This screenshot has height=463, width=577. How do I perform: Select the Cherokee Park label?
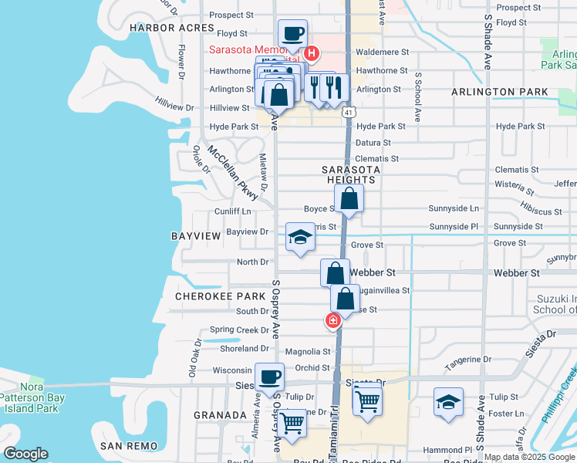point(209,296)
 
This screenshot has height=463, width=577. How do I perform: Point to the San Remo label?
point(129,446)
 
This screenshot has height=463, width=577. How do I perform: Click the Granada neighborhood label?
point(220,414)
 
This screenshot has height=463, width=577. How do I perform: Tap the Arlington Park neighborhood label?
point(521,93)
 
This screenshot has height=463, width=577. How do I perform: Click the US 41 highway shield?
point(349,113)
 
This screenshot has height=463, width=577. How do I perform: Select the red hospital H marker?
point(312,53)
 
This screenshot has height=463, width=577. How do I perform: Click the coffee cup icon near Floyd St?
point(292,35)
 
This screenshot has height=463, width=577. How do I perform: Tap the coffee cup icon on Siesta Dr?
point(269,377)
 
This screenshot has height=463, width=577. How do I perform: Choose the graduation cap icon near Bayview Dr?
point(300,237)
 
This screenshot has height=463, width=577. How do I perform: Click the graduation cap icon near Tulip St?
point(448,402)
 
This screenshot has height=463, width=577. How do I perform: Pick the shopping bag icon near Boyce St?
point(349,198)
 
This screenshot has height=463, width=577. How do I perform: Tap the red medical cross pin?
point(333,320)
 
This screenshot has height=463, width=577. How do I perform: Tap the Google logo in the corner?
point(25,454)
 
